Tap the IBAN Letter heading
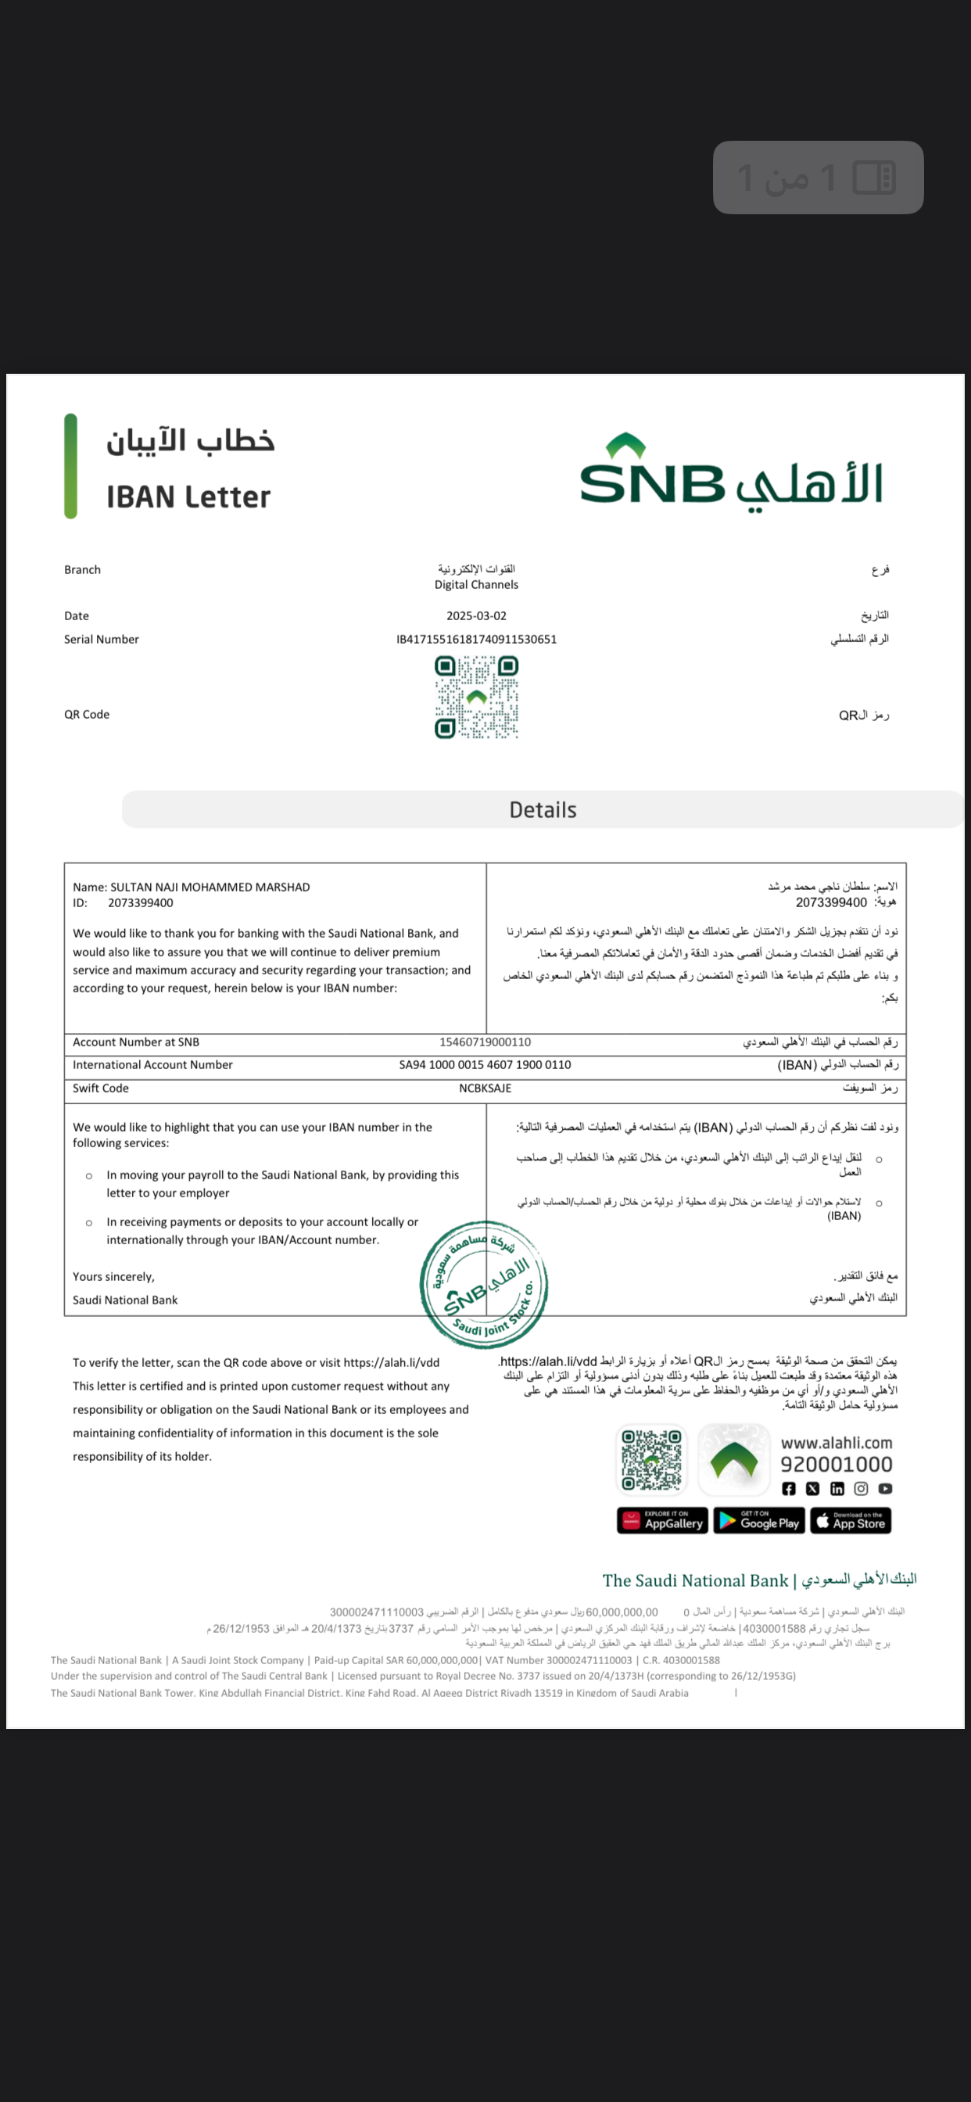pos(188,497)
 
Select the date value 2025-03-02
pos(477,616)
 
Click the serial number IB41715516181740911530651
pos(477,640)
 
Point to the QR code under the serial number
pos(477,698)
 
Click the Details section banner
pos(543,809)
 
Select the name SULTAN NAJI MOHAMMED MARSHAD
pos(210,887)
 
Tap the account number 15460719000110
pos(485,1042)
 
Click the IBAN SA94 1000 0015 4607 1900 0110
pos(485,1065)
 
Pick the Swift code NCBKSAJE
pos(485,1089)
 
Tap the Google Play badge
pos(759,1521)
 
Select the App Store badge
pos(851,1521)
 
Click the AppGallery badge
pos(661,1521)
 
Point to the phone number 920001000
pos(837,1465)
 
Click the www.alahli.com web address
pos(837,1443)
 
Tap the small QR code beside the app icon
pos(651,1460)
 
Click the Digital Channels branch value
pos(477,584)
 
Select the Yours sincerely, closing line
pos(113,1277)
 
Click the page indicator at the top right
pos(818,178)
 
